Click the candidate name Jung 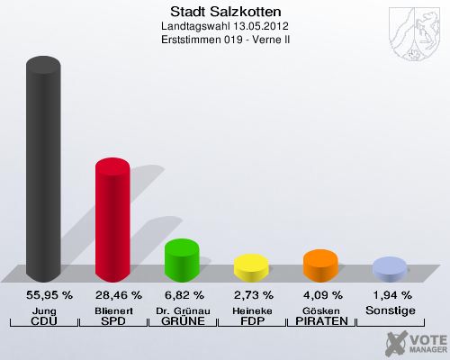pos(43,310)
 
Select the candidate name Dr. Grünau pos(182,310)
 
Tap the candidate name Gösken pos(320,310)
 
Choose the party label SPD pos(112,321)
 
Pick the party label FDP pos(251,321)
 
